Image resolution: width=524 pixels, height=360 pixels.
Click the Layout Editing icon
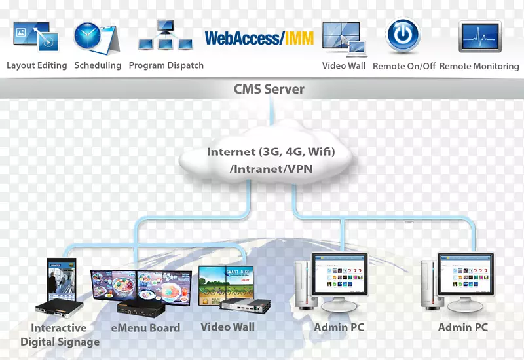pos(36,36)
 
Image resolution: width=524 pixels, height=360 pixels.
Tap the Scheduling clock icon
pos(96,37)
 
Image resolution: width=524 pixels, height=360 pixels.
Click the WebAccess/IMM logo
pos(259,38)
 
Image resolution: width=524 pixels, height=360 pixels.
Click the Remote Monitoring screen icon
pos(479,37)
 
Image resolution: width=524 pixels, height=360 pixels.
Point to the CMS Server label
pos(269,89)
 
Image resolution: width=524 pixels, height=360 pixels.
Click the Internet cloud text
pos(271,160)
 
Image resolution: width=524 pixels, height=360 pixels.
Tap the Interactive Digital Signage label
pos(60,334)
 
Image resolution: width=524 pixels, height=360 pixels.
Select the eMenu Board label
pos(145,328)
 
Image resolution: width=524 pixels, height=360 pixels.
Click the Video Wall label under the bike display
pos(227,327)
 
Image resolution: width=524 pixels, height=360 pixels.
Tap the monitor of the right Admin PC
pos(466,275)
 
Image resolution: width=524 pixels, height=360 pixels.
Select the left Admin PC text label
pos(339,327)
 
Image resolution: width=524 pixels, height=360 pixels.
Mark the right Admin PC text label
pos(463,327)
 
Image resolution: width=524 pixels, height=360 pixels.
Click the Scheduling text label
pos(98,65)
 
